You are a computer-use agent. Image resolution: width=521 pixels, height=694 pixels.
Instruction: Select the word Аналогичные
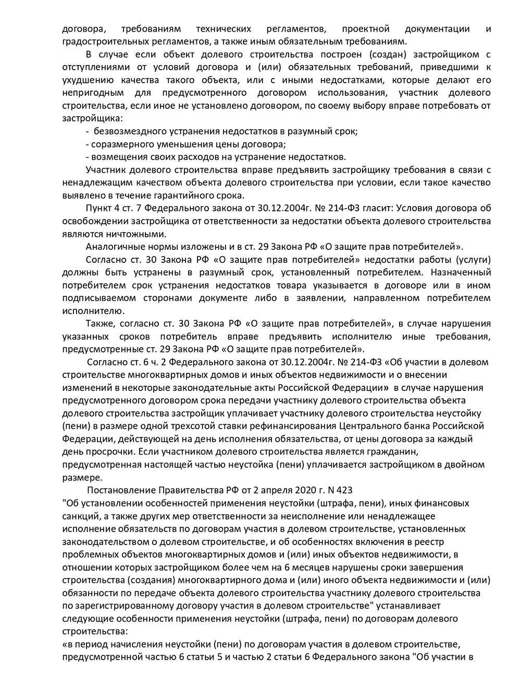tap(110, 247)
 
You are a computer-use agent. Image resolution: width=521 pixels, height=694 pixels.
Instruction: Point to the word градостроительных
tap(102, 41)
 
